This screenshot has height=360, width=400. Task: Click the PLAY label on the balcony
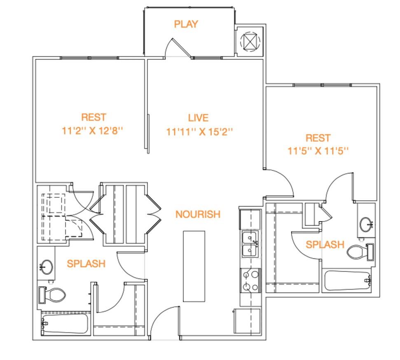[x=186, y=24]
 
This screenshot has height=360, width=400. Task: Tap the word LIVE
[x=198, y=118]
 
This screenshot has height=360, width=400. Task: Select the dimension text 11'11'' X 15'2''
[x=199, y=132]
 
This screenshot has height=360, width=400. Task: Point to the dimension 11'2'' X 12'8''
[x=93, y=131]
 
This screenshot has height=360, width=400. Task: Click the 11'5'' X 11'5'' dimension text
[x=318, y=151]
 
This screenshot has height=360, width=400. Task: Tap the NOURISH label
[x=198, y=214]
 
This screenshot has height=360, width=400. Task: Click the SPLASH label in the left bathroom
[x=86, y=264]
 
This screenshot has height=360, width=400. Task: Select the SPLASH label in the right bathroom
[x=325, y=245]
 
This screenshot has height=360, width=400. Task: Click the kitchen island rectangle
[x=194, y=266]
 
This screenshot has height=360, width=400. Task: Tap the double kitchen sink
[x=250, y=244]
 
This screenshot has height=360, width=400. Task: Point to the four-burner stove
[x=250, y=281]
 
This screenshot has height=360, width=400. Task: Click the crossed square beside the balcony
[x=250, y=42]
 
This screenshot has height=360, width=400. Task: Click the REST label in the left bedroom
[x=94, y=117]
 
